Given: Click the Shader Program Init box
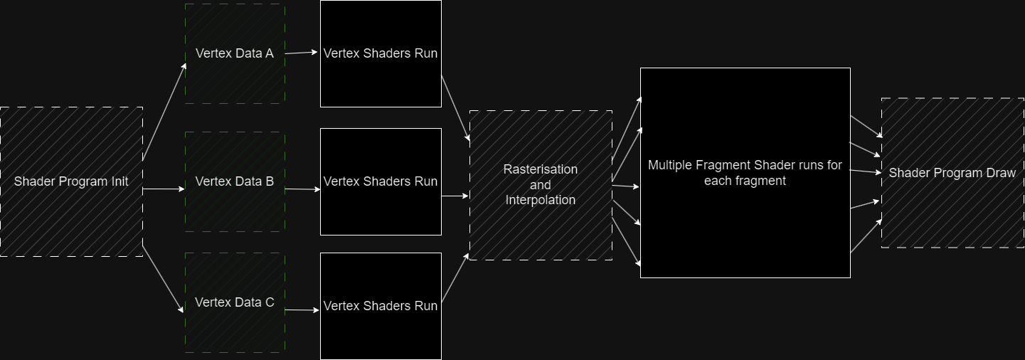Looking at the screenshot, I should coord(71,181).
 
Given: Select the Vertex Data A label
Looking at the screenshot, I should coord(234,53).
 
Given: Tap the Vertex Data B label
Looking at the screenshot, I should coord(234,181).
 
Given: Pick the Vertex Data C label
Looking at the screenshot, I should coord(234,302).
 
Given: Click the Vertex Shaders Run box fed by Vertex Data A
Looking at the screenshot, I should coord(381,53).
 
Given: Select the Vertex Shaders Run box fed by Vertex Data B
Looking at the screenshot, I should coord(381,181).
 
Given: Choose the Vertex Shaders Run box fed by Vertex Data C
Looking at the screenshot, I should coord(381,306).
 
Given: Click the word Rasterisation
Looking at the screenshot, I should coord(541,169).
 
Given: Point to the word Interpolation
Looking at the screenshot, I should coord(541,200).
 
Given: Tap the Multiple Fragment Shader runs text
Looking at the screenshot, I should coord(745,173).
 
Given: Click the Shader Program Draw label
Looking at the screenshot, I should coord(952,173).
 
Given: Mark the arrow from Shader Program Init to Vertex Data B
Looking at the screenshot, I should coord(164,190).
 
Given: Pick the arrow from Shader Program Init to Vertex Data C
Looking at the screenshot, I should coord(163,278).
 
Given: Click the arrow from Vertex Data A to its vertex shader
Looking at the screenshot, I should coord(302,52).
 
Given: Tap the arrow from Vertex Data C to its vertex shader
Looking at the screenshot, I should coord(302,309).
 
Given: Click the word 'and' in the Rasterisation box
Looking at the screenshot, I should coord(541,185).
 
